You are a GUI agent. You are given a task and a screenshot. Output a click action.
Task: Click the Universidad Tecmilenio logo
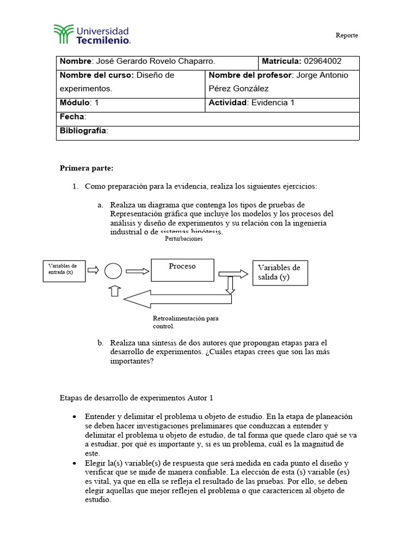[x=92, y=34]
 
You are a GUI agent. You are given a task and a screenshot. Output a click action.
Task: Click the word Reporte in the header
[x=347, y=35]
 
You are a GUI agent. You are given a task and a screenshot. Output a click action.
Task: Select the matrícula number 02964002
[x=323, y=61]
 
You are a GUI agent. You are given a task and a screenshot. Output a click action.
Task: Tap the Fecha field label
[x=72, y=117]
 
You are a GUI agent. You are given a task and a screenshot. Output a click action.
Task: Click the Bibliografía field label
[x=84, y=131]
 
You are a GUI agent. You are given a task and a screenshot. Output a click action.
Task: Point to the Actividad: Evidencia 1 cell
[x=251, y=102]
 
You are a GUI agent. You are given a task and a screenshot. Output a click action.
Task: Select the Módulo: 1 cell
[x=79, y=102]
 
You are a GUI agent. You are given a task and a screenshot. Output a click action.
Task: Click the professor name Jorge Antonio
[x=321, y=75]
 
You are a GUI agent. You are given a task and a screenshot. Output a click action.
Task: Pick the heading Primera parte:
[x=86, y=168]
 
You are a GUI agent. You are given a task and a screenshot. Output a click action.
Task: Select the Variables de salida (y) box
[x=280, y=272]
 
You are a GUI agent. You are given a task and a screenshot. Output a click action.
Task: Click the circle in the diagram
[x=113, y=270]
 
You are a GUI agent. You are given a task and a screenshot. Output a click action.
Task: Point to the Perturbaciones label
[x=183, y=239]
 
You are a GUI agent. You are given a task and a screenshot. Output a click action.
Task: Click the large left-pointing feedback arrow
[x=174, y=298]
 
